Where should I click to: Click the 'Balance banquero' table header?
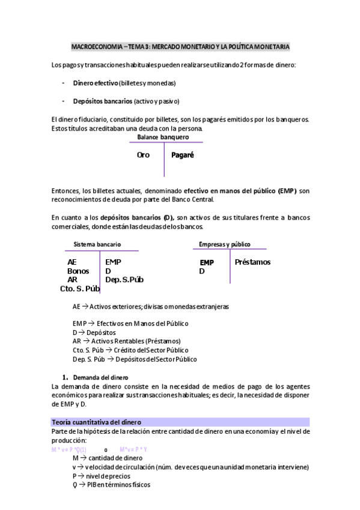coord(163,137)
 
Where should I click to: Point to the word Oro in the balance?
coord(143,155)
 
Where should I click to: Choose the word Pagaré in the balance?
coord(183,155)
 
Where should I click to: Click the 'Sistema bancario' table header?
coord(97,245)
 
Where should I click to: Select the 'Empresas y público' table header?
coord(225,244)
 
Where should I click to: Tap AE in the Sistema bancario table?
coord(72,262)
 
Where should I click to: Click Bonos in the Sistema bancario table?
coord(78,271)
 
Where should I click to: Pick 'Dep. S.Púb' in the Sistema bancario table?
coord(124,279)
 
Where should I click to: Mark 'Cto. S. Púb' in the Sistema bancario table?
coord(80,288)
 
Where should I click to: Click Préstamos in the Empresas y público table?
coord(252,262)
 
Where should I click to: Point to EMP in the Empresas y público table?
coord(206,263)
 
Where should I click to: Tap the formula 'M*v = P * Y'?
coord(133,449)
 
